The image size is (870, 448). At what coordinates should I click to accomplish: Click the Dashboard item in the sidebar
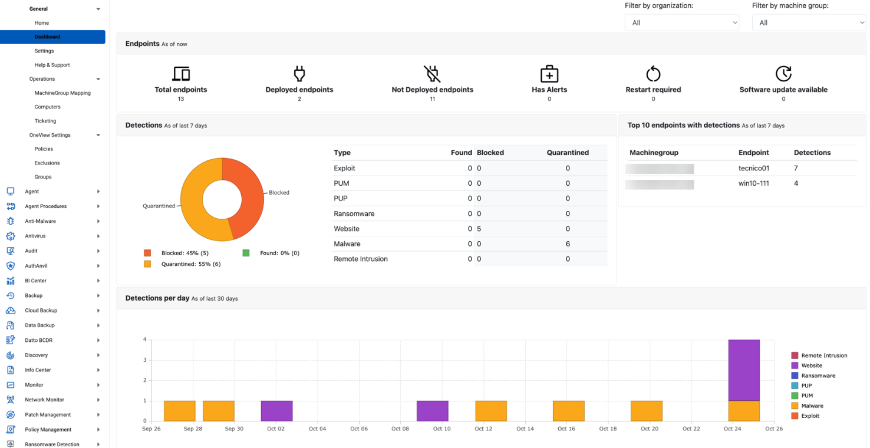click(47, 37)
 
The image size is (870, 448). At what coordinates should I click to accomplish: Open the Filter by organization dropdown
click(681, 22)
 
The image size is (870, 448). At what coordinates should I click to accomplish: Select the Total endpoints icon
click(181, 74)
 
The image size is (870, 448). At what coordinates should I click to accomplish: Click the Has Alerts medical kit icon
click(549, 74)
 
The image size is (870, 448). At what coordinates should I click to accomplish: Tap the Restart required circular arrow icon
click(653, 74)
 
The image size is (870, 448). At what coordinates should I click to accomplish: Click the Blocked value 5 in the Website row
click(479, 229)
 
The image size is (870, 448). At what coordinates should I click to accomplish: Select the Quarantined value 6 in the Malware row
click(568, 244)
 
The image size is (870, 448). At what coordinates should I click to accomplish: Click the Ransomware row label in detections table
click(354, 214)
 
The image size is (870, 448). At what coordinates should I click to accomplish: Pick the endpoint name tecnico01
click(754, 169)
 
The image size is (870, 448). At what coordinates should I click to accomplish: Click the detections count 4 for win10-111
click(796, 183)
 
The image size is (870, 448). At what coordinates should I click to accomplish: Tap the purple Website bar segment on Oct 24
click(744, 370)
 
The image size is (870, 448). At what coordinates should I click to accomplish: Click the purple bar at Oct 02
click(276, 411)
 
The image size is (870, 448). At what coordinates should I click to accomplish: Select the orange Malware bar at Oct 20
click(646, 411)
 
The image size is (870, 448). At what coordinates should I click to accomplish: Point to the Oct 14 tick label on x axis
click(525, 429)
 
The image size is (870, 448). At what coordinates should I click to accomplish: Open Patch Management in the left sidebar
click(48, 414)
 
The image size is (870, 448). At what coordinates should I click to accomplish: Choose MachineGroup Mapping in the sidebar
click(62, 93)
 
